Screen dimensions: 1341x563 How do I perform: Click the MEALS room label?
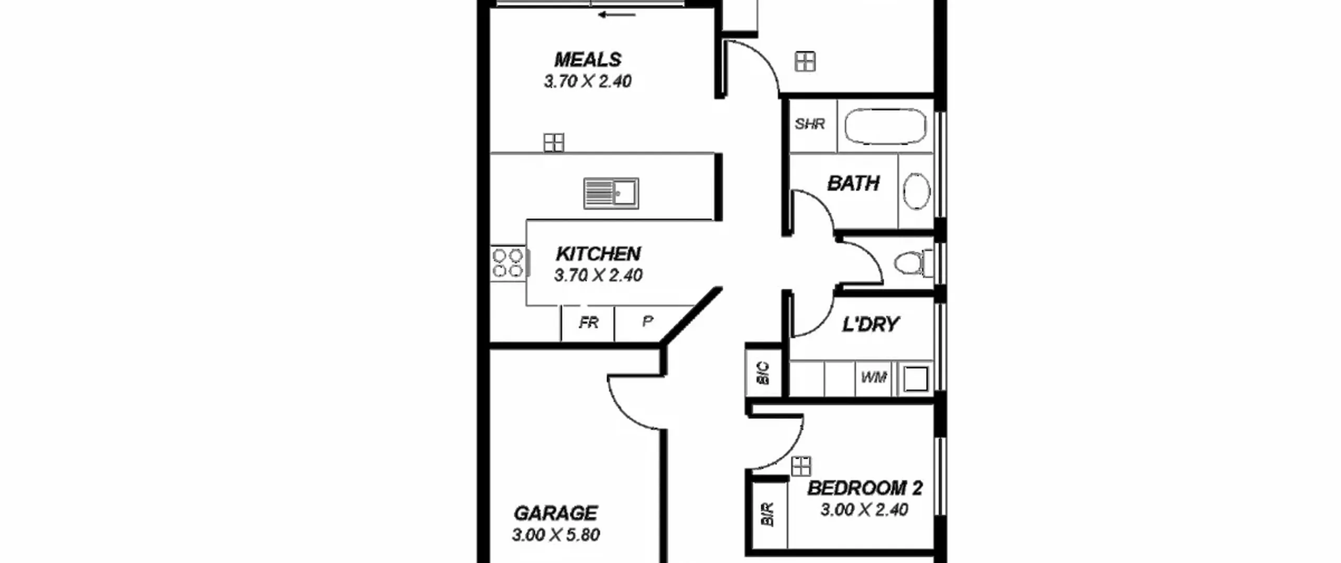point(588,60)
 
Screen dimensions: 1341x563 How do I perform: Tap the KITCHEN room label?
point(598,254)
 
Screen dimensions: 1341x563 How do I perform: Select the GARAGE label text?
point(556,513)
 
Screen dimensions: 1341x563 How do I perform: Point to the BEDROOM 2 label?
point(865,488)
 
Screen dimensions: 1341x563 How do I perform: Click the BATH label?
point(853,183)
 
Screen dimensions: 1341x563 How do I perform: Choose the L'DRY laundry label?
point(871,324)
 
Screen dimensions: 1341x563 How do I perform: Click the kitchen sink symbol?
point(611,193)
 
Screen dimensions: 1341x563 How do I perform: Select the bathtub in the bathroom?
point(885,126)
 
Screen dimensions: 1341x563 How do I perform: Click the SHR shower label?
point(810,124)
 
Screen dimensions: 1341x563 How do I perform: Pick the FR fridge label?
point(588,323)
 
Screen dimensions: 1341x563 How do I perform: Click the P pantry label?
point(648,322)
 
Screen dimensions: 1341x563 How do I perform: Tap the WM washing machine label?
point(874,377)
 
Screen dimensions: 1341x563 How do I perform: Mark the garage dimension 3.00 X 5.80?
point(556,535)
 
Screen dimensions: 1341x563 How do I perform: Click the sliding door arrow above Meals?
point(617,15)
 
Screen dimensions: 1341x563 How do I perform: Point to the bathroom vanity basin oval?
point(917,191)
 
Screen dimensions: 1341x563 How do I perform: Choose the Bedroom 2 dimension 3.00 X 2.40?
point(864,510)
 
